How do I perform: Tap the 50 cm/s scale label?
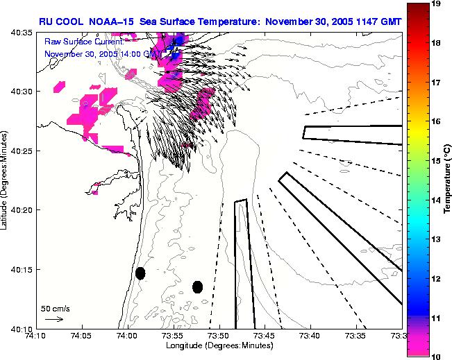(55, 309)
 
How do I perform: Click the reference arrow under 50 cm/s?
(54, 319)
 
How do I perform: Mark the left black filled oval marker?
(140, 273)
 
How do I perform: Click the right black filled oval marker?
(197, 286)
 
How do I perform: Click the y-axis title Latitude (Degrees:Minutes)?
(6, 180)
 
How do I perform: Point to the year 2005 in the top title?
(333, 22)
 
